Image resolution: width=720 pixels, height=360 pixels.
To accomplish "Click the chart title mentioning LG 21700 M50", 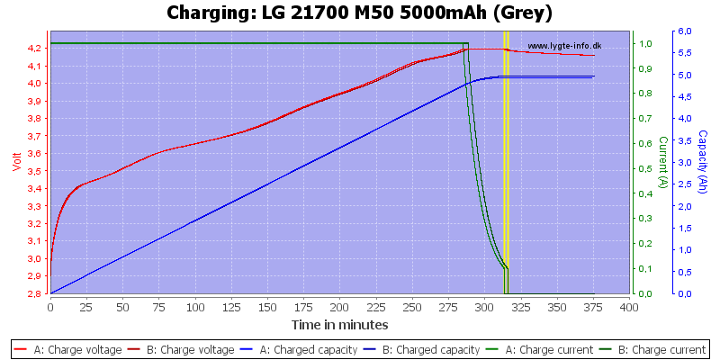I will [x=360, y=13].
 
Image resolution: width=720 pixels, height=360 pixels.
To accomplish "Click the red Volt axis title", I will [x=15, y=162].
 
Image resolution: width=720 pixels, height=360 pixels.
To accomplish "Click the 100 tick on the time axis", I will [x=194, y=306].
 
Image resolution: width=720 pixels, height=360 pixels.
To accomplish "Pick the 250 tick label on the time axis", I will [x=411, y=306].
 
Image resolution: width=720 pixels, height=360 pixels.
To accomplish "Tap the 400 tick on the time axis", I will [x=628, y=306].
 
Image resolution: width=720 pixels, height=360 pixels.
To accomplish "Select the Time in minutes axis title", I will [x=339, y=324].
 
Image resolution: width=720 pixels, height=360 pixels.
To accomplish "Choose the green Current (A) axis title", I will [x=663, y=162].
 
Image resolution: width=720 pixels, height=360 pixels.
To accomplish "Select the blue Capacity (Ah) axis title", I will [x=702, y=162].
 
